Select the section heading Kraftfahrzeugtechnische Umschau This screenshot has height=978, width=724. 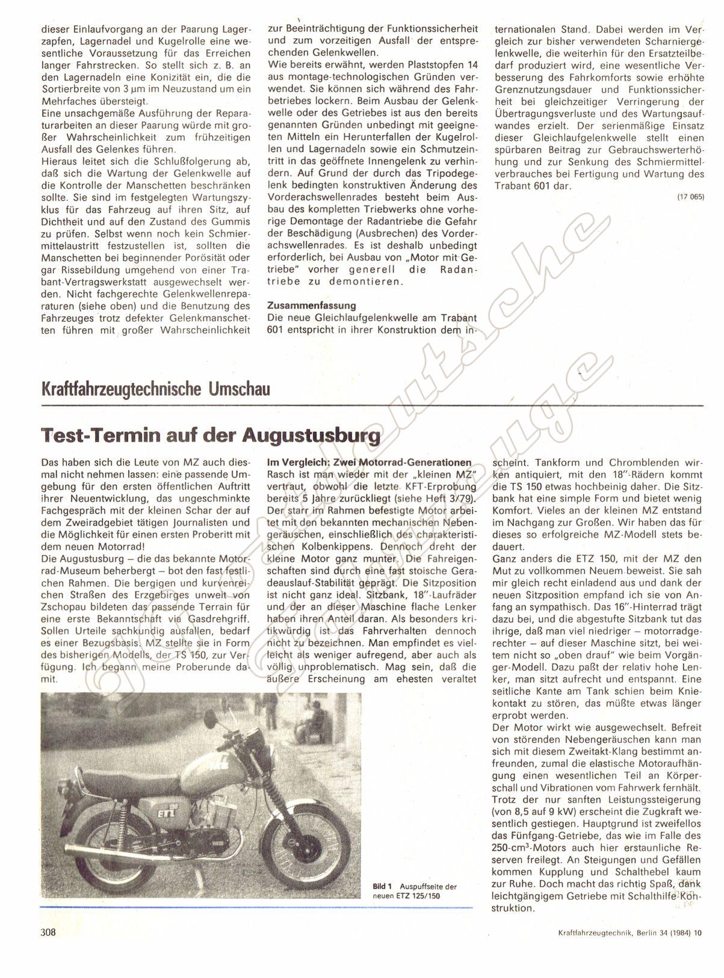[x=155, y=389]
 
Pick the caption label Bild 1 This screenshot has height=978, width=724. [x=383, y=887]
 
